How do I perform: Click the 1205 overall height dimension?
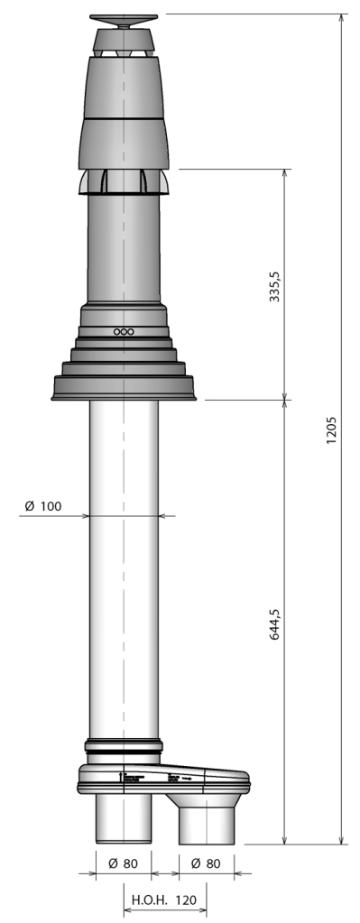[331, 429]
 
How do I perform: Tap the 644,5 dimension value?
[274, 622]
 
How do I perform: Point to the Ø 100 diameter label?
[43, 506]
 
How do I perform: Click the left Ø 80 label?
[123, 863]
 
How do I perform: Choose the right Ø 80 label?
[207, 863]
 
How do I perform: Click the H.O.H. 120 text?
[164, 900]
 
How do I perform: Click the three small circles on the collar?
[124, 332]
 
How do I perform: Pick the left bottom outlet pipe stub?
[124, 817]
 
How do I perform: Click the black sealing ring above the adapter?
[124, 747]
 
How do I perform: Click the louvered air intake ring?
[124, 181]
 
